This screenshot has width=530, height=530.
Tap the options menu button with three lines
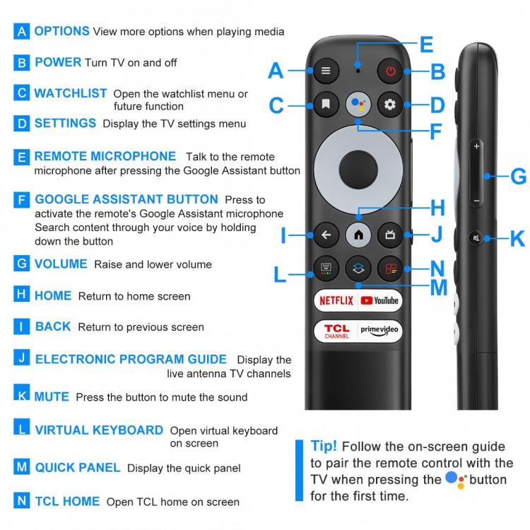click(x=326, y=71)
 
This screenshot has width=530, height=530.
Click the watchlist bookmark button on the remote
click(x=326, y=104)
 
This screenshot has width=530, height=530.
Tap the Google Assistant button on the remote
click(x=358, y=104)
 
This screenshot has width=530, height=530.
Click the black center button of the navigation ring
click(x=358, y=170)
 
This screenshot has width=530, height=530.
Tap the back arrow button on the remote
click(x=326, y=235)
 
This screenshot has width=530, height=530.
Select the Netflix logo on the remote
click(x=336, y=300)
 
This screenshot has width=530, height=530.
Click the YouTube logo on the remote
click(x=379, y=300)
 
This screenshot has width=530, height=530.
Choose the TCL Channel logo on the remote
click(x=336, y=331)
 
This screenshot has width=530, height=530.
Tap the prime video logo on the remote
click(x=379, y=331)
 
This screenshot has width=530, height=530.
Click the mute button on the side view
click(x=476, y=238)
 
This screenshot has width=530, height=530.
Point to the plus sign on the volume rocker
click(x=476, y=146)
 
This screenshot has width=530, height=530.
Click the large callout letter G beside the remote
click(x=518, y=177)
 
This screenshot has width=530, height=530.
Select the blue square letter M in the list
click(x=22, y=467)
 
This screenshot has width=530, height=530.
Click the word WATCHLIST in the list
click(x=71, y=93)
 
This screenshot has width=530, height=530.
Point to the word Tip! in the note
click(x=324, y=446)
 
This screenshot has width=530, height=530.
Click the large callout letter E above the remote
click(x=427, y=45)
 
